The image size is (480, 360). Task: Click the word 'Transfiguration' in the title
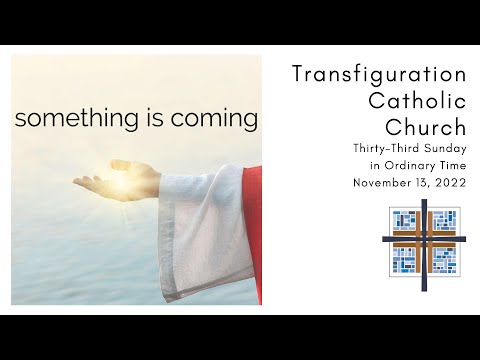(x=379, y=75)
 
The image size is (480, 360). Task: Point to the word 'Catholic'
(x=414, y=101)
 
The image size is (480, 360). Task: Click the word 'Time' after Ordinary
(x=452, y=166)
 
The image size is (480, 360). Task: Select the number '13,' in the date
(x=425, y=183)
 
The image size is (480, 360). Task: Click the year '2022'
(x=452, y=183)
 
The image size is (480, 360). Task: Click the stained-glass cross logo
(x=424, y=242)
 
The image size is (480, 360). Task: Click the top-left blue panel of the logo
(x=404, y=222)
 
